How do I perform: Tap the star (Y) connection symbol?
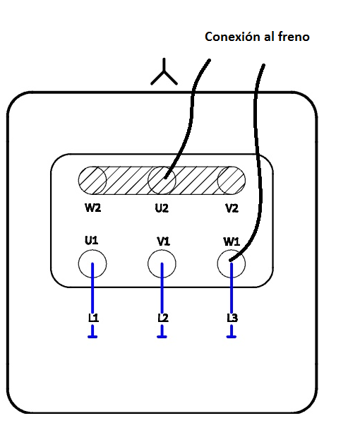coord(164,73)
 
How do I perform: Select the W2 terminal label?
coord(92,209)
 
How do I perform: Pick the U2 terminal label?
coord(162,209)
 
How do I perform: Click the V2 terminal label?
coord(231,209)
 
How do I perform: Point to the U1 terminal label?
coord(91,240)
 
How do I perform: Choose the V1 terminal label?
coord(163,242)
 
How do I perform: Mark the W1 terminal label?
coord(232,242)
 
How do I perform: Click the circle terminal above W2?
coord(92,181)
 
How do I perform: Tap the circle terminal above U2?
coord(162,181)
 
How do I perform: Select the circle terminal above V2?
coord(231,181)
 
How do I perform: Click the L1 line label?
coord(93,318)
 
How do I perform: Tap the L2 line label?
coord(162,318)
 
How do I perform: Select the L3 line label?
coord(232,318)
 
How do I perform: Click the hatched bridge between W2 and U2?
coord(127,181)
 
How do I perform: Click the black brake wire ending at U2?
coord(189,106)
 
